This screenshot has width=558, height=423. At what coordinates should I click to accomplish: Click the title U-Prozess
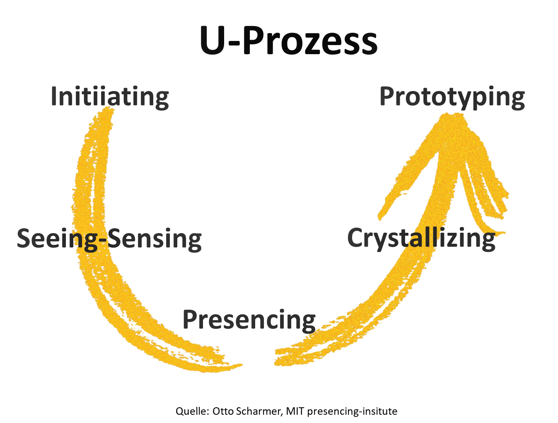tap(288, 41)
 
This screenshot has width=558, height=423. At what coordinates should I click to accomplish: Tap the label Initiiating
tap(110, 98)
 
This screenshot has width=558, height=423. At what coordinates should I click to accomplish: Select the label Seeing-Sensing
tap(109, 239)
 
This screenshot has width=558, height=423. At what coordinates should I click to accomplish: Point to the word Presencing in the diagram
tap(249, 320)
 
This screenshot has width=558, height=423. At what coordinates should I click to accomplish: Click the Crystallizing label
tap(421, 239)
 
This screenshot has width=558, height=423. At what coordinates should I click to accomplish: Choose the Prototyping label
tap(452, 98)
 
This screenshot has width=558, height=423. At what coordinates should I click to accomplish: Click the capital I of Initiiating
tap(53, 96)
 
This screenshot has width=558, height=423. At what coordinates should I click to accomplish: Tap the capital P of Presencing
tap(191, 319)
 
